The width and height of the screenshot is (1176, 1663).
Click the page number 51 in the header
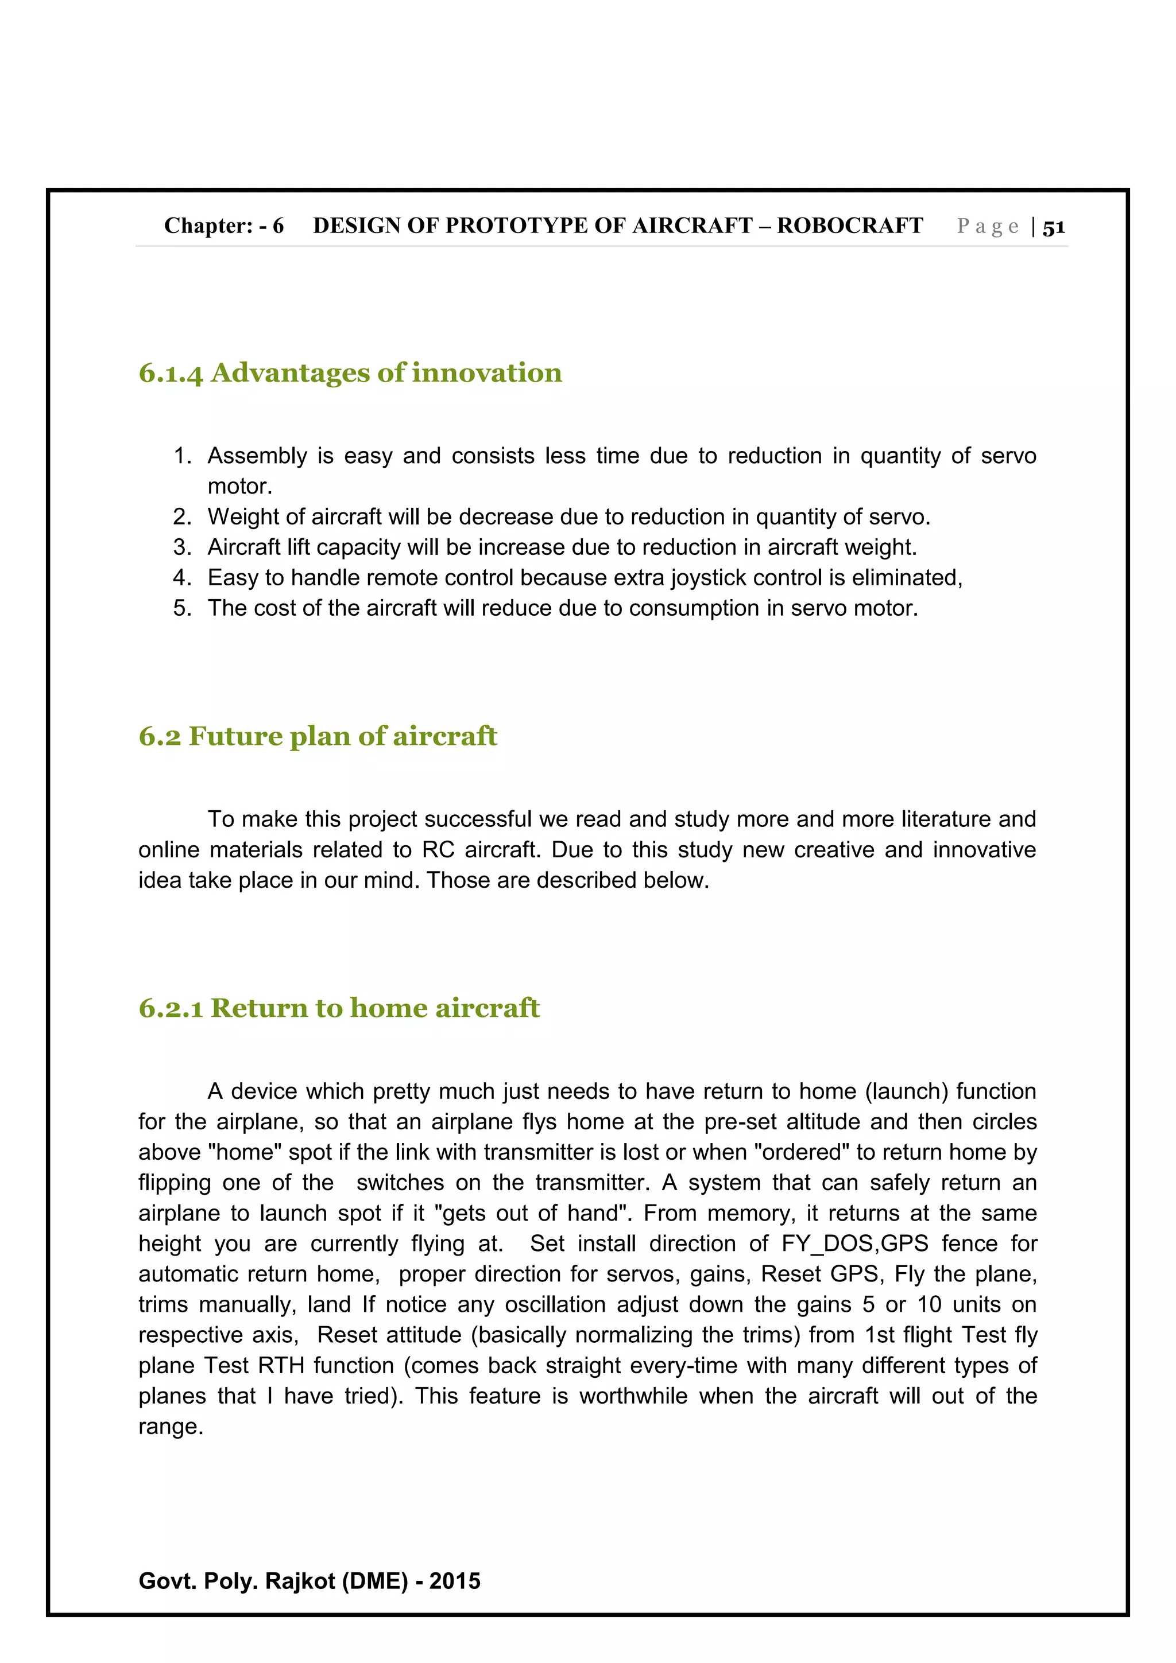(1054, 227)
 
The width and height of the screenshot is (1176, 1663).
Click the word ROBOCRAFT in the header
(850, 226)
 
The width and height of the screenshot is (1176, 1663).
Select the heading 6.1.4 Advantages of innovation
(350, 373)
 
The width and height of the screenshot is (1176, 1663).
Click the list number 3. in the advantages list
(182, 547)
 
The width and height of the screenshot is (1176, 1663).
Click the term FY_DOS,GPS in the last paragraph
(854, 1244)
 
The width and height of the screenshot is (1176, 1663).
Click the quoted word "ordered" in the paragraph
(802, 1152)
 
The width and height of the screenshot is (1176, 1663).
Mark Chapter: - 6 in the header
(224, 226)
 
